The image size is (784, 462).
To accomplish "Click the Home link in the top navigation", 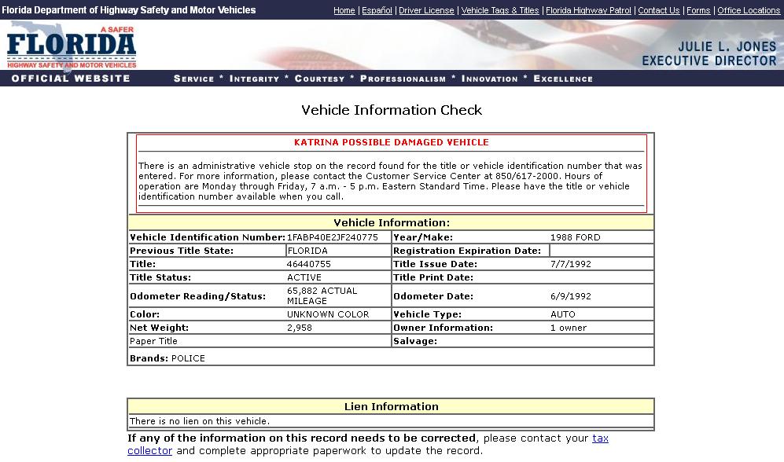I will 344,10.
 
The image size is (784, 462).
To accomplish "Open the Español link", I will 377,10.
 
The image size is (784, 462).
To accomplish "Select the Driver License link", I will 426,10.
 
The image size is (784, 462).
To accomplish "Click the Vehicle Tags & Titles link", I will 500,10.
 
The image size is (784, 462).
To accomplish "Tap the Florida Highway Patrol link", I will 588,10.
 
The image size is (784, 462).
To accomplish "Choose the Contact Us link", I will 659,10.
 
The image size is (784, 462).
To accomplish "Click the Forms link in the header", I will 698,10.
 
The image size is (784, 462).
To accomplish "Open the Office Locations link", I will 749,10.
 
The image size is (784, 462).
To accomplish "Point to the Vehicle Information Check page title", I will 392,110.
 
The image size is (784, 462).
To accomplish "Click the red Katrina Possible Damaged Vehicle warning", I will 392,142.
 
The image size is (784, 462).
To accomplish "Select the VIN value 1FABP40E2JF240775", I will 333,237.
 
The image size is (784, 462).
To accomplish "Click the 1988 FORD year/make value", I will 575,237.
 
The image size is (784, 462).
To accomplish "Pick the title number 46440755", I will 309,264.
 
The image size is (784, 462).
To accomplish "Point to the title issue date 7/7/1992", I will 570,264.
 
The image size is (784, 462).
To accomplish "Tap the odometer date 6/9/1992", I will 570,296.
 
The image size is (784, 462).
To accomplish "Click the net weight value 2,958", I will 300,328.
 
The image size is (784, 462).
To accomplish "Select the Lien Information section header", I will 392,406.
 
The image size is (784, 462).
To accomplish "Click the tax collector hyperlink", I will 600,438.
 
